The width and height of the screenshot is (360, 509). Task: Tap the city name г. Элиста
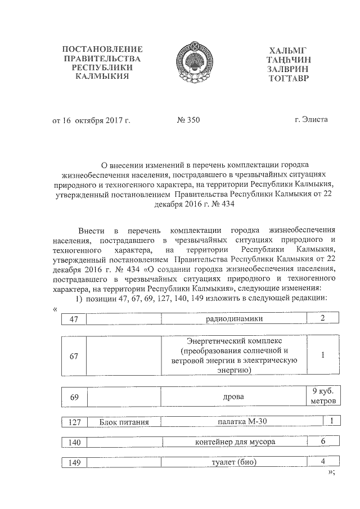click(x=310, y=119)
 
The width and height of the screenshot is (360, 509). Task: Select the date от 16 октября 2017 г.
click(x=91, y=119)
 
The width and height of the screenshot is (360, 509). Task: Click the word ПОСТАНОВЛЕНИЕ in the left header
click(x=102, y=49)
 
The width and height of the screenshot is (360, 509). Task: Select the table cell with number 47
click(x=73, y=319)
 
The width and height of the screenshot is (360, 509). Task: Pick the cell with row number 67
click(x=74, y=356)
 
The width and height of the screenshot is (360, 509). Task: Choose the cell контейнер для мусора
click(x=235, y=442)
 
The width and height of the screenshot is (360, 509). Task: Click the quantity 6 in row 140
click(x=323, y=442)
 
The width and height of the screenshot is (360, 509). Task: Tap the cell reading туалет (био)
click(x=235, y=462)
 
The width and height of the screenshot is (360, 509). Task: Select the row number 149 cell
click(x=73, y=463)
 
